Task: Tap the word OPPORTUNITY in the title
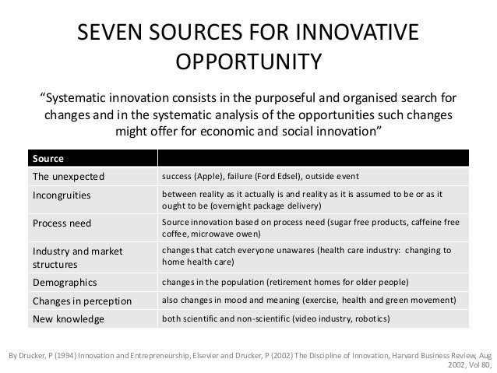click(248, 62)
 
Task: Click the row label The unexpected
click(68, 175)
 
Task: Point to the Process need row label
click(61, 223)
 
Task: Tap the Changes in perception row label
click(82, 300)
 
